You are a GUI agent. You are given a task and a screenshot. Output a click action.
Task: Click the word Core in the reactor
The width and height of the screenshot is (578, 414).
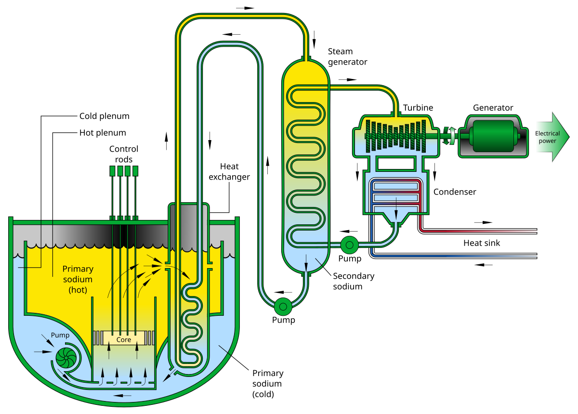[123, 339]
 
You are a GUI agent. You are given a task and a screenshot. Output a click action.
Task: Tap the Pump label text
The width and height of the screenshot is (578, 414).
[60, 335]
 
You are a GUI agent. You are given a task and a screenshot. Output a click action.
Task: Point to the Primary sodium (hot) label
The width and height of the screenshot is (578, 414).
[78, 279]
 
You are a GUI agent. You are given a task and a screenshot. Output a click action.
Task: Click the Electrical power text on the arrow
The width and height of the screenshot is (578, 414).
[548, 137]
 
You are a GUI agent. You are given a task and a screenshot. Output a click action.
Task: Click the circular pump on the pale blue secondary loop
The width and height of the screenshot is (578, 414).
[283, 306]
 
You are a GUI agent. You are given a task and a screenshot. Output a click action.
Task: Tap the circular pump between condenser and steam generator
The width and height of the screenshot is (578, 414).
[349, 245]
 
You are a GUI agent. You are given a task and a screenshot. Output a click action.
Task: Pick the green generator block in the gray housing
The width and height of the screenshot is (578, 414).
[494, 136]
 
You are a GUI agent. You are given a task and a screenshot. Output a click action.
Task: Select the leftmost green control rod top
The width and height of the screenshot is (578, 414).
[113, 171]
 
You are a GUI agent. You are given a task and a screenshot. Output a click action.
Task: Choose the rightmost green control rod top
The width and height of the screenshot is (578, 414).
[135, 171]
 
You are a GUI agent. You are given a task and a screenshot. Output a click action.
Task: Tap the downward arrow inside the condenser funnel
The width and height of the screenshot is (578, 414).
[396, 204]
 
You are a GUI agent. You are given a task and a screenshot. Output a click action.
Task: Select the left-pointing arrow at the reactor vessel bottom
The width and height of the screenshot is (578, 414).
[123, 396]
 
